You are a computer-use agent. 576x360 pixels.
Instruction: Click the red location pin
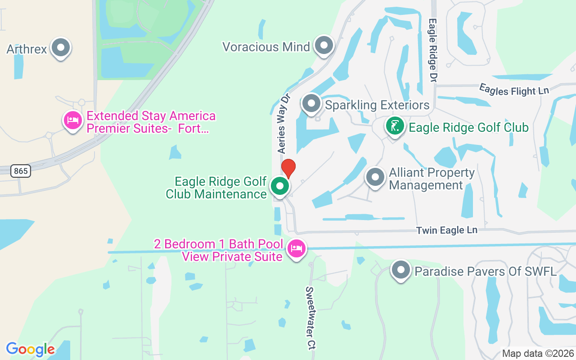pos(288,168)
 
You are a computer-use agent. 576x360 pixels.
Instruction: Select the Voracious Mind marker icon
pos(323,45)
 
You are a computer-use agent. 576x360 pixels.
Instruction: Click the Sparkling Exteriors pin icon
pos(311,103)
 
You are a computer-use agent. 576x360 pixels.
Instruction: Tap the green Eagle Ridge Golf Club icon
pos(395,126)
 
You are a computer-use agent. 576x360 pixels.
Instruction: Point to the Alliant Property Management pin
pos(375,177)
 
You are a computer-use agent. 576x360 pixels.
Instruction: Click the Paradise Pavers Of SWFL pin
pos(400,270)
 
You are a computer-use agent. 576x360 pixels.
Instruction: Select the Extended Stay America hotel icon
pos(72,121)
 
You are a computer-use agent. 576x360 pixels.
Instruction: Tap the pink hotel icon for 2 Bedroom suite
pos(297,248)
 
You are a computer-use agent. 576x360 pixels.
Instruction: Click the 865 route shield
pos(21,171)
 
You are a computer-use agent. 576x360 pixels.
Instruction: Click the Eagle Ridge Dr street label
pos(433,49)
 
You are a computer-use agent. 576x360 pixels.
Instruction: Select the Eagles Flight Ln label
pos(514,89)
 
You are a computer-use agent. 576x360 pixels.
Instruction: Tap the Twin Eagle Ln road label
pos(446,230)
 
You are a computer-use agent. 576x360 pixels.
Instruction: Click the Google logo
pos(30,349)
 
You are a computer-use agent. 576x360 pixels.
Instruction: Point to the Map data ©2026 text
pos(538,353)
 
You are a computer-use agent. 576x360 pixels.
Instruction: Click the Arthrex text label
pos(27,49)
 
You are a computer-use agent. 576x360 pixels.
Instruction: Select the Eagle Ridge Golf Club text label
pos(468,127)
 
